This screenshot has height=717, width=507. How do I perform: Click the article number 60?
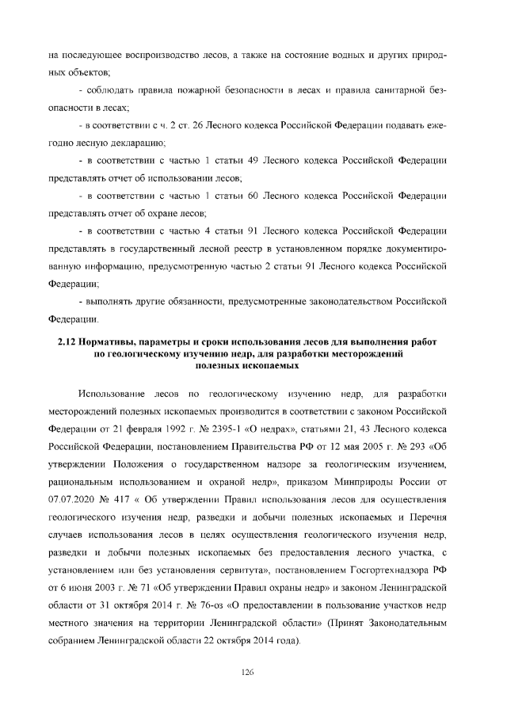[230, 195]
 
